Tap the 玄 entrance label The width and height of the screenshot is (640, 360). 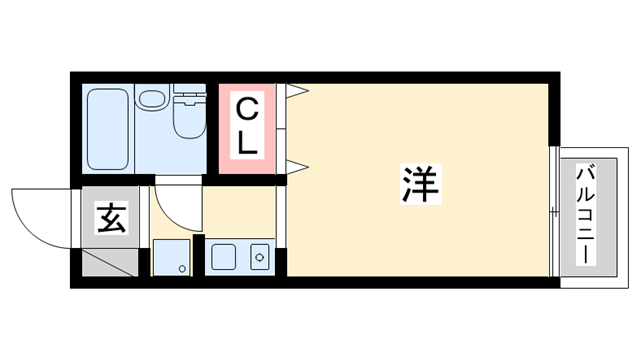click(111, 217)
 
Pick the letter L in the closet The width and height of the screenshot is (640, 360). click(247, 142)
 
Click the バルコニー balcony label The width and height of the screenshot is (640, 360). click(585, 212)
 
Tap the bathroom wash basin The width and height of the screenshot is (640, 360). click(152, 101)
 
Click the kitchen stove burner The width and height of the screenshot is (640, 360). click(259, 258)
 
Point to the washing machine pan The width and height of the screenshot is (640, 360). click(170, 258)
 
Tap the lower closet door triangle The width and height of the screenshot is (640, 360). click(297, 164)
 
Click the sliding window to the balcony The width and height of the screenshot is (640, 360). click(552, 212)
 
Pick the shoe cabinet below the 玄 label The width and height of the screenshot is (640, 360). click(109, 263)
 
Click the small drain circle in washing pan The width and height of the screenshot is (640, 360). click(181, 268)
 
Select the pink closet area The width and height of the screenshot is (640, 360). click(247, 126)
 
